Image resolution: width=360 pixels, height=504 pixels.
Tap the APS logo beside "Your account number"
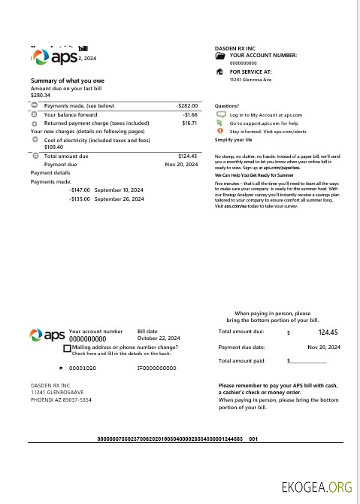click(x=47, y=335)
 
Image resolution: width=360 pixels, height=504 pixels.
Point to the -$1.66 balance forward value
click(x=189, y=114)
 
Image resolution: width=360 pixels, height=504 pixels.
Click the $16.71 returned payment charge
click(x=189, y=122)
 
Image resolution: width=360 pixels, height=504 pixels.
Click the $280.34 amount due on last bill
click(x=41, y=96)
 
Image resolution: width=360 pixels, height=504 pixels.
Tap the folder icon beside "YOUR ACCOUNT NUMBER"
click(x=219, y=56)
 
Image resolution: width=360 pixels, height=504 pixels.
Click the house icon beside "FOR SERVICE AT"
click(x=219, y=71)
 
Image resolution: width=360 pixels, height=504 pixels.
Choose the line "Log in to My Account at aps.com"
click(x=265, y=114)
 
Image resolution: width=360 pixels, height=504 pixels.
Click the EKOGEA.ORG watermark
click(x=315, y=487)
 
